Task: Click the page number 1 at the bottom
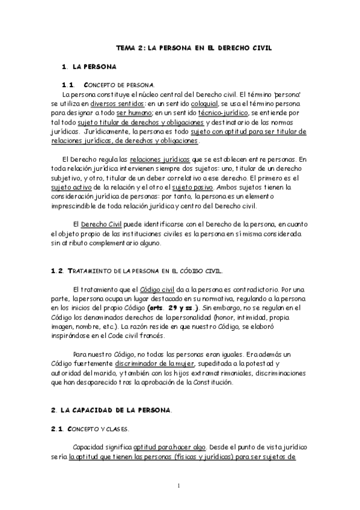pyautogui.click(x=180, y=485)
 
